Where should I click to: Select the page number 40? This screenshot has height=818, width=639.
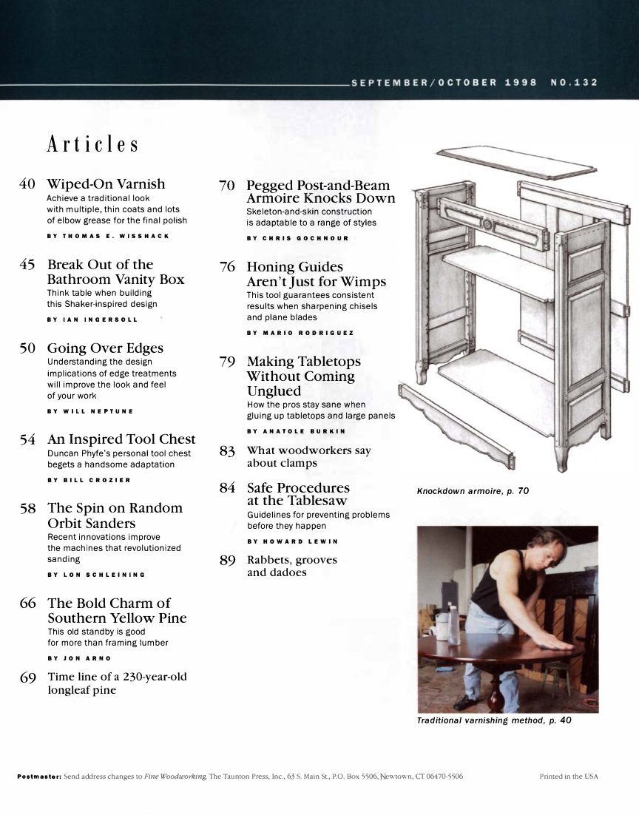[x=27, y=184]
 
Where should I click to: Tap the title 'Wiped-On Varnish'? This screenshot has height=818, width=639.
[x=106, y=184]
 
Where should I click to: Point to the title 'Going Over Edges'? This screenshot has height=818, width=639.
[x=105, y=348]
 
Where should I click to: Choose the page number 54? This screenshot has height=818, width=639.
[x=28, y=440]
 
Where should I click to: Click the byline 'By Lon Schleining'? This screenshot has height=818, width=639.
[x=96, y=574]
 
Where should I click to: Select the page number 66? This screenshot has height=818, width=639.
[x=28, y=603]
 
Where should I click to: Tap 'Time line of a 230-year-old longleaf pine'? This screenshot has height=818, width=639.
[x=116, y=683]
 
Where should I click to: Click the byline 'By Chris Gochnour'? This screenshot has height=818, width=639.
[x=298, y=238]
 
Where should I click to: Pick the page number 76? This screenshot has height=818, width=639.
[x=227, y=267]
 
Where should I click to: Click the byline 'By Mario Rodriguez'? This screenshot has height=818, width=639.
[x=300, y=333]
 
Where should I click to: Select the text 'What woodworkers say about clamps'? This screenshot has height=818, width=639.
[x=308, y=456]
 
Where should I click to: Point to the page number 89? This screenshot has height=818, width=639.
[x=227, y=561]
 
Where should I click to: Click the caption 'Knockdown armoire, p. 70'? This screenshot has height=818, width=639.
[x=473, y=491]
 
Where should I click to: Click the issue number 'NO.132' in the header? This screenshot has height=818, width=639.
[x=574, y=83]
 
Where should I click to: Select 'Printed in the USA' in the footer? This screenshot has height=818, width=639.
[x=569, y=777]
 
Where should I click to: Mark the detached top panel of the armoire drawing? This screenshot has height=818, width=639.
[x=506, y=162]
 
